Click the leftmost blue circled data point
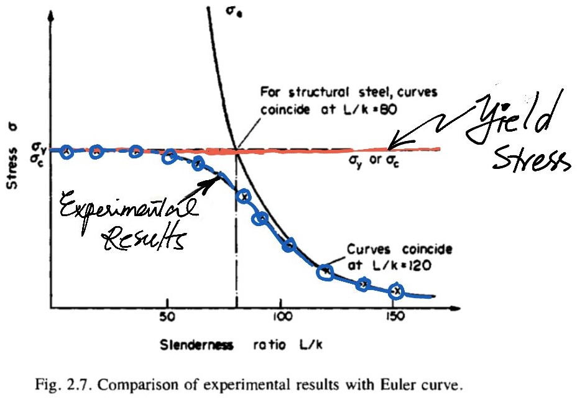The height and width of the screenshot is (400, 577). (x=67, y=151)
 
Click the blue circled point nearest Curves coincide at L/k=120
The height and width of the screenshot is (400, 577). (x=325, y=271)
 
